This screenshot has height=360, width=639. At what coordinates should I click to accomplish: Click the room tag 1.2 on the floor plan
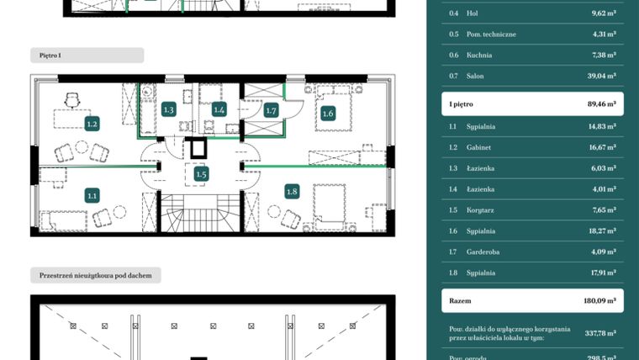click(x=92, y=124)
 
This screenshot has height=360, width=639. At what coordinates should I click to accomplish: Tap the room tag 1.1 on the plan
click(x=92, y=195)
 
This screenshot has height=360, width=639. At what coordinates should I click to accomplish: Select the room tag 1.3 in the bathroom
click(x=168, y=109)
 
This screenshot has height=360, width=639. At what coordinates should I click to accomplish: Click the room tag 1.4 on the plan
click(x=219, y=109)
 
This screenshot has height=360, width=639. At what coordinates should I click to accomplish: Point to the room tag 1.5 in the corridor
click(x=201, y=174)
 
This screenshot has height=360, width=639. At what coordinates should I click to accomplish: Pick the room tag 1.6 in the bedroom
click(x=328, y=114)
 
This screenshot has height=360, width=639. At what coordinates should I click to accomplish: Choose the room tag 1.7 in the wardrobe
click(x=271, y=110)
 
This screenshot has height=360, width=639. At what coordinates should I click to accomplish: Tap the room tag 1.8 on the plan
click(x=292, y=191)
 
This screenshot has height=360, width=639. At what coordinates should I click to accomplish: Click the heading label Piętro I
click(x=50, y=55)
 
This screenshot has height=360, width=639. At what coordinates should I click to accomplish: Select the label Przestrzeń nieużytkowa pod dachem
click(x=96, y=275)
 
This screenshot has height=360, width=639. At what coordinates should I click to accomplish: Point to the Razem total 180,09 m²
click(x=600, y=300)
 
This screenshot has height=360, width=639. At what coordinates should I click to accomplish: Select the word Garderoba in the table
click(x=482, y=251)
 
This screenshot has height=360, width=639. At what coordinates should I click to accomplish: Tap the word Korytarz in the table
click(x=480, y=210)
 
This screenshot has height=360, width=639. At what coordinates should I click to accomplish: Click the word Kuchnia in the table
click(x=479, y=55)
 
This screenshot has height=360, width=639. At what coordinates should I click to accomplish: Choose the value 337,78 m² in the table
click(x=600, y=333)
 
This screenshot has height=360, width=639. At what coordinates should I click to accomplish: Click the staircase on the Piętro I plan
click(x=200, y=214)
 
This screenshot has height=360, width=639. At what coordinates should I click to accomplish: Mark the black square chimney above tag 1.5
click(x=200, y=148)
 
